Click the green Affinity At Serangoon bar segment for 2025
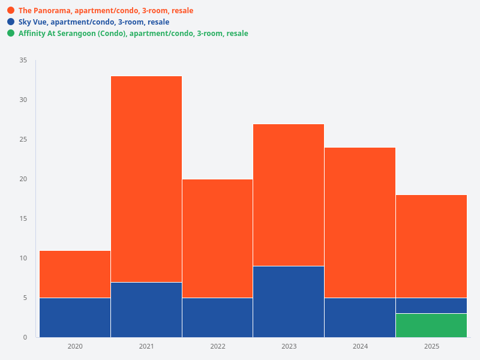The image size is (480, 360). pyautogui.click(x=431, y=325)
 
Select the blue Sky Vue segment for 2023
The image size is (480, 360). pyautogui.click(x=289, y=301)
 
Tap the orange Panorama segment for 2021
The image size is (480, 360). pyautogui.click(x=146, y=179)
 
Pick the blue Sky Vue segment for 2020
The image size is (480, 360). pyautogui.click(x=75, y=317)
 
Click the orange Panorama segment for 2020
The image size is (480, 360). pyautogui.click(x=75, y=274)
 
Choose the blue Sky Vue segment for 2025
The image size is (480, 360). pyautogui.click(x=431, y=305)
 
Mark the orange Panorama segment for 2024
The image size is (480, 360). pyautogui.click(x=360, y=223)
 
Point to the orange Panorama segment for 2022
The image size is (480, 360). pyautogui.click(x=217, y=238)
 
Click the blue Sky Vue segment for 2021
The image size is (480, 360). pyautogui.click(x=146, y=310)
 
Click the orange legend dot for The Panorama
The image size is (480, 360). pyautogui.click(x=11, y=11)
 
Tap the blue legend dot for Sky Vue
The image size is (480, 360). pyautogui.click(x=11, y=22)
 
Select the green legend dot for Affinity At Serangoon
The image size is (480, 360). pyautogui.click(x=11, y=34)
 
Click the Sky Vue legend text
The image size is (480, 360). pyautogui.click(x=94, y=22)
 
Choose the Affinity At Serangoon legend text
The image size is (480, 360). pyautogui.click(x=133, y=34)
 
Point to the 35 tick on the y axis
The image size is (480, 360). pyautogui.click(x=23, y=61)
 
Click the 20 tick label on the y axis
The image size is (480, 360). pyautogui.click(x=23, y=179)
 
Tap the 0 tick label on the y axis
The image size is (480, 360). pyautogui.click(x=25, y=337)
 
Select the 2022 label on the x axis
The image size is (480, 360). pyautogui.click(x=217, y=347)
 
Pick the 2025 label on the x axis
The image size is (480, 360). pyautogui.click(x=431, y=347)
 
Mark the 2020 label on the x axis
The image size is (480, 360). pyautogui.click(x=75, y=347)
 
